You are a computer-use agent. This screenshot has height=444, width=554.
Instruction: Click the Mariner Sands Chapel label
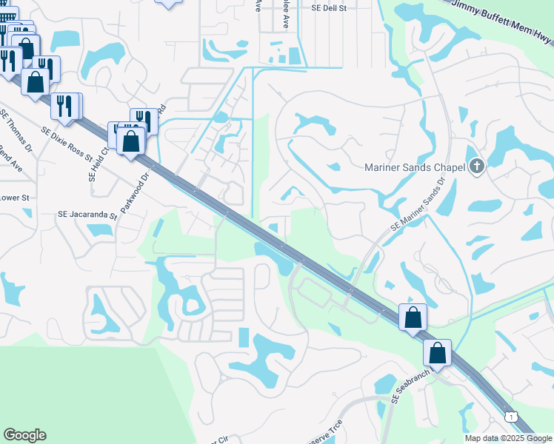click(x=414, y=167)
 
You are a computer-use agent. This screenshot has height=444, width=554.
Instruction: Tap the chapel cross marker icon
click(x=476, y=167)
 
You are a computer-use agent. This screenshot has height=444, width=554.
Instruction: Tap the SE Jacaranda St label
click(x=87, y=215)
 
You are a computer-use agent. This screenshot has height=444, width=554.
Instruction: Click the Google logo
click(x=24, y=435)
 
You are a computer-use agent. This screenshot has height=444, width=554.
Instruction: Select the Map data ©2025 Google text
click(x=508, y=438)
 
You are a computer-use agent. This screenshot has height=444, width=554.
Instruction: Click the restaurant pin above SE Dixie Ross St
click(x=64, y=106)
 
